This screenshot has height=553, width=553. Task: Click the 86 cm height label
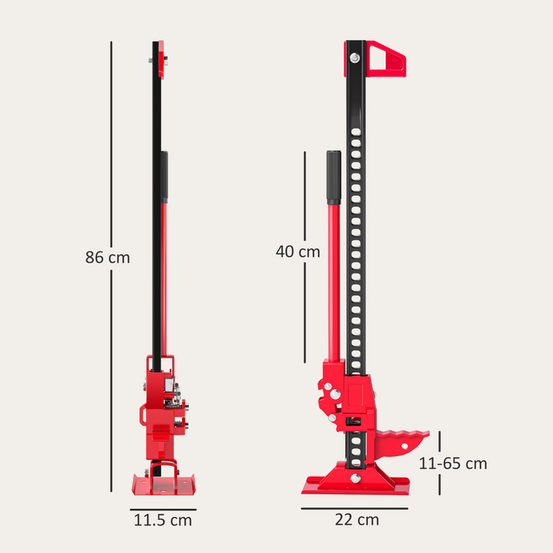coord(107,258)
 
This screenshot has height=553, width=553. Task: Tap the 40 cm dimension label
coord(298,252)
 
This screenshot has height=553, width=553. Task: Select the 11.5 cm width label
coord(161,521)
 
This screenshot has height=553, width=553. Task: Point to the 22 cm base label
coord(356,520)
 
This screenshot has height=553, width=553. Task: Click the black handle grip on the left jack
coord(164,177)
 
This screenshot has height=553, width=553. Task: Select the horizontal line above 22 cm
coord(356,505)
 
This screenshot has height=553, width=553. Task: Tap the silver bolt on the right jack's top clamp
coord(352,58)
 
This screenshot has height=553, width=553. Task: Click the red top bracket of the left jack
coord(161,60)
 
